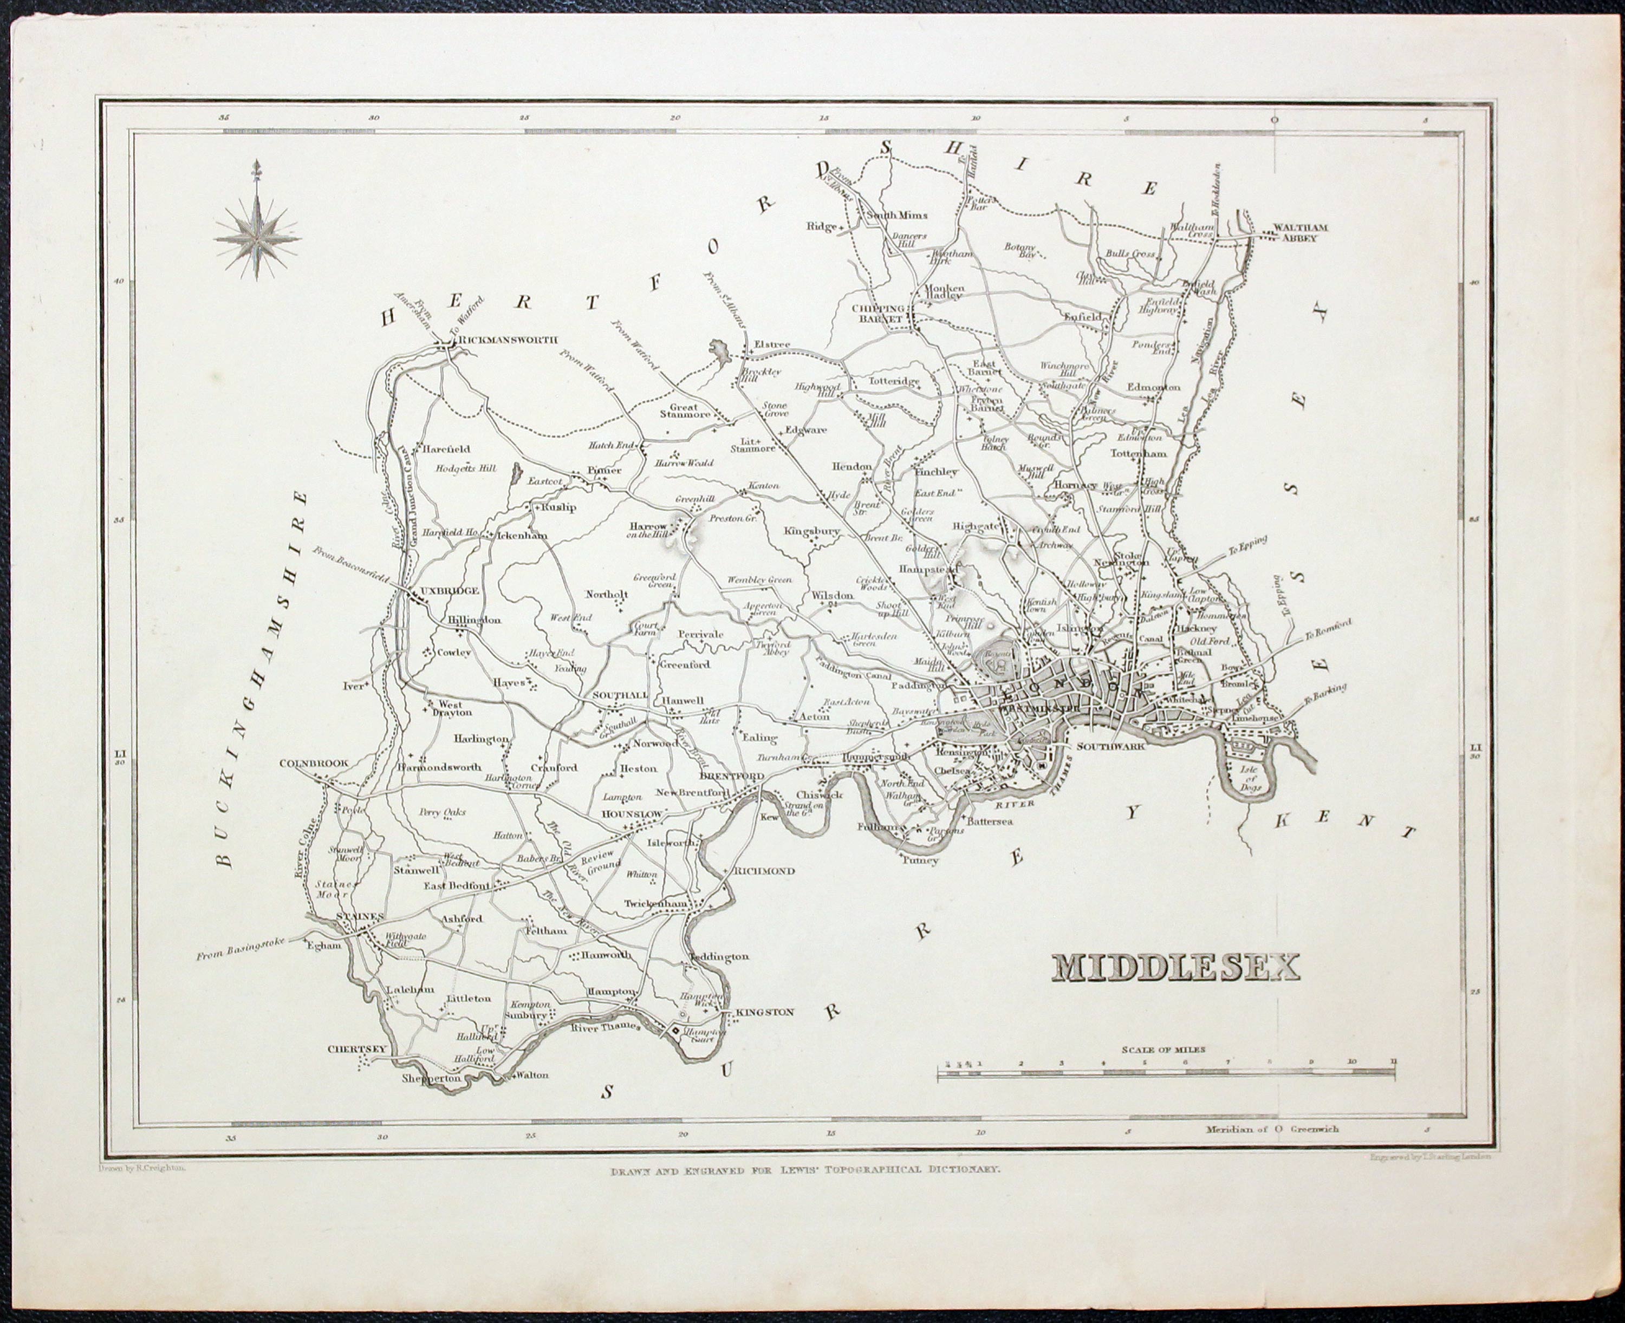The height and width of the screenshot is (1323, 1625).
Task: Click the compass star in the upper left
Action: pos(257,237)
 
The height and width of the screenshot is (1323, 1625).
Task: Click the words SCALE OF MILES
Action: pos(1163,1050)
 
